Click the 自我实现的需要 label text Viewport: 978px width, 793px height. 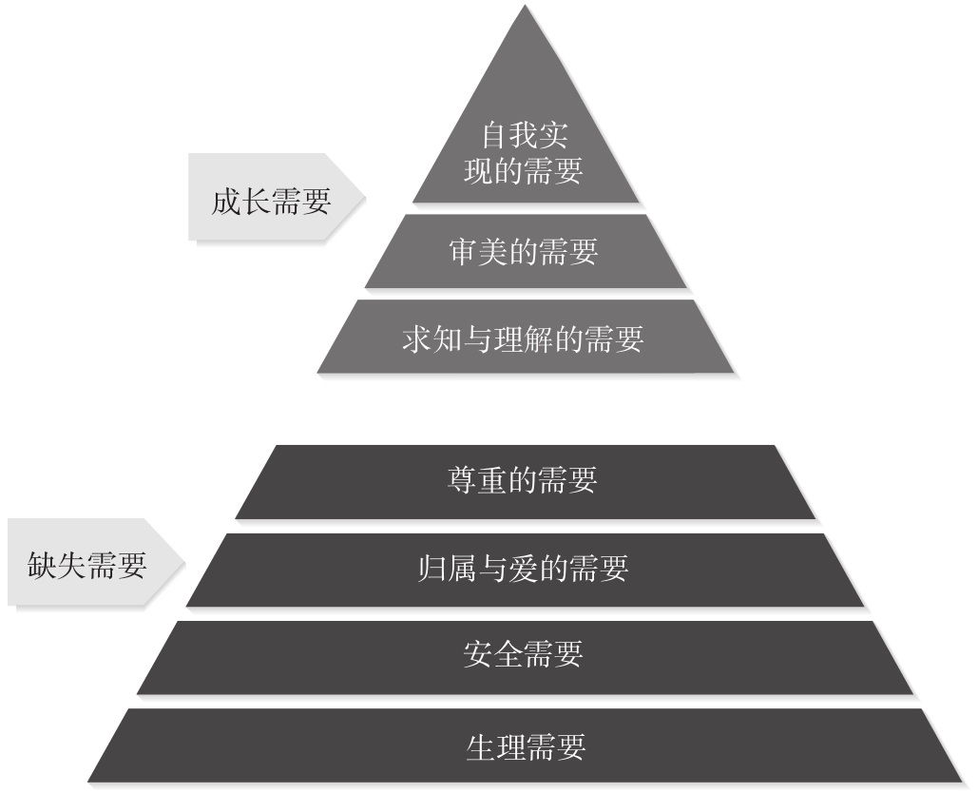pos(524,153)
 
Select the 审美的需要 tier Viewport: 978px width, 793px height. pos(524,252)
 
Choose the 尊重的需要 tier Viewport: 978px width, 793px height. pos(524,481)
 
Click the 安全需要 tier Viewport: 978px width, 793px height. pos(524,656)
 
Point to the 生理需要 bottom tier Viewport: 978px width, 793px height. pos(526,745)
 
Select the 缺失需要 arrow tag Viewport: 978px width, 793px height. pos(91,566)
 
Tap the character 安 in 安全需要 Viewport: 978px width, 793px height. pos(478,656)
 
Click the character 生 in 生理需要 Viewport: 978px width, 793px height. pos(480,745)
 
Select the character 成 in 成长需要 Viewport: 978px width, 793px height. pos(225,201)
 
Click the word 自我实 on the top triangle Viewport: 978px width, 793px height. pos(525,136)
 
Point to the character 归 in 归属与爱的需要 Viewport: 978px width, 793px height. pos(433,570)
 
